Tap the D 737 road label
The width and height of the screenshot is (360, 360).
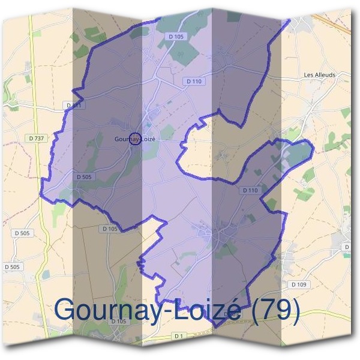[x=36, y=139]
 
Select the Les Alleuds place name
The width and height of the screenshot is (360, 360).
[x=320, y=76]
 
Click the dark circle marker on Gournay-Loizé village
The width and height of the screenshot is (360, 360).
[x=135, y=139]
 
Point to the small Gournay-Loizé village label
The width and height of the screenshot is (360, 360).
[x=135, y=139]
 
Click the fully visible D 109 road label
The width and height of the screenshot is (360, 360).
[x=298, y=284]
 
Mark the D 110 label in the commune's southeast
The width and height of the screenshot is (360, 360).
[x=250, y=190]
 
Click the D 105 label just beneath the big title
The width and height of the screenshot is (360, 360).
[x=118, y=321]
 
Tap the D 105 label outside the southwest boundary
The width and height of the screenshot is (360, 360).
[x=109, y=229]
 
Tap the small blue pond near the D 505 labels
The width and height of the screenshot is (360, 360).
[x=46, y=274]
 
